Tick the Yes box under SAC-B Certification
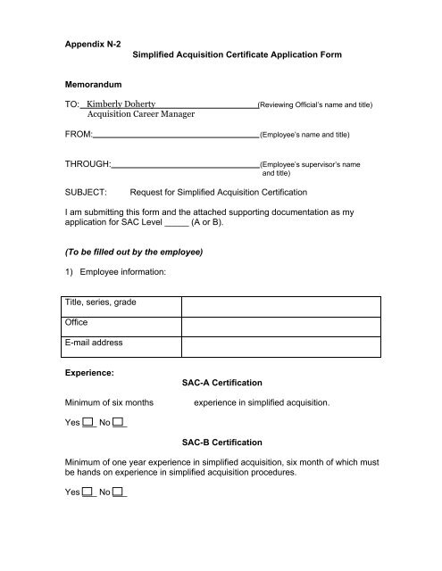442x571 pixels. coord(89,492)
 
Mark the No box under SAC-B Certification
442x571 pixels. coord(120,492)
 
